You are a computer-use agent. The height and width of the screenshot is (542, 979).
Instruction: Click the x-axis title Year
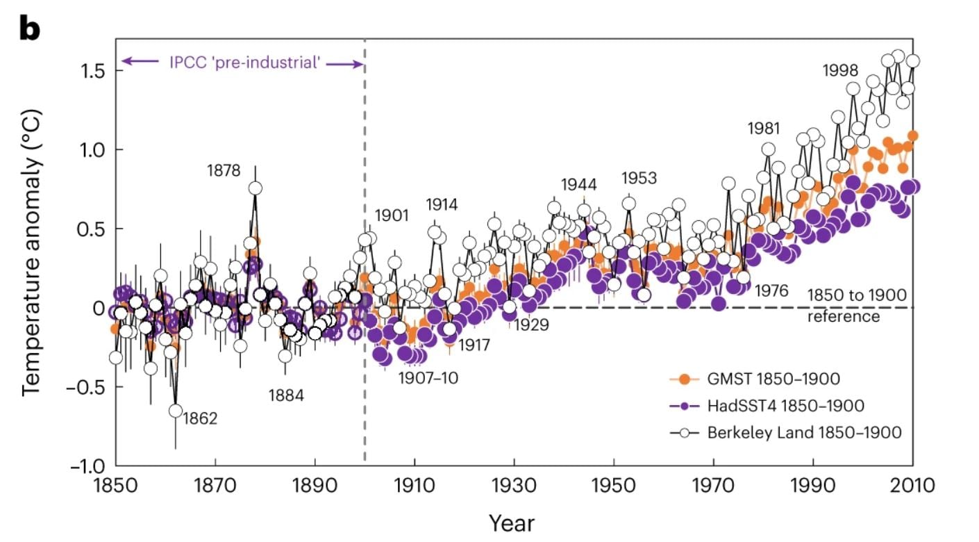(512, 523)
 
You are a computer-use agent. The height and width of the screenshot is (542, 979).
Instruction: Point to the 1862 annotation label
(200, 419)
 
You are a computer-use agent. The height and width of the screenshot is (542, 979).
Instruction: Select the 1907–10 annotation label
(428, 378)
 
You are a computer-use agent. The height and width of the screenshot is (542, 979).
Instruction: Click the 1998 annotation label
(840, 70)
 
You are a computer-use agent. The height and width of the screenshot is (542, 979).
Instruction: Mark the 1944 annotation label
(578, 185)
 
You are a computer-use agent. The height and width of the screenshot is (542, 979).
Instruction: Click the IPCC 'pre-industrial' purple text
(244, 63)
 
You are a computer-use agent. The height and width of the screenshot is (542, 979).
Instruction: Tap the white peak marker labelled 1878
(255, 188)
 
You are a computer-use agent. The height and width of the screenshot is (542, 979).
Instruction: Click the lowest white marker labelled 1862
(176, 411)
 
